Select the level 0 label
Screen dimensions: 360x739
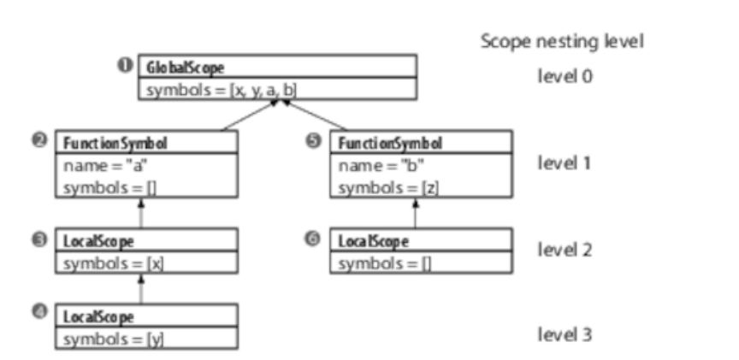coord(565,75)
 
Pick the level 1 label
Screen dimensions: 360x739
coord(565,163)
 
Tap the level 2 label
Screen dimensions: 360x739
coord(565,250)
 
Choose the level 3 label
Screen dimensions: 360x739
coord(565,333)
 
